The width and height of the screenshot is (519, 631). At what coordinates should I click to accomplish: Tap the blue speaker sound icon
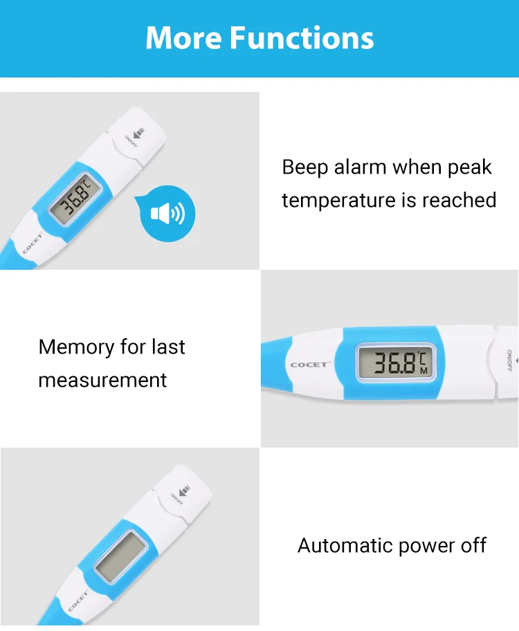point(167,214)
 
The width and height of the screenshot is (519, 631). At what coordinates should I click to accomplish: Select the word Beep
point(305,167)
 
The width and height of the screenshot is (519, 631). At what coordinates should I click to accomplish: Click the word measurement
point(102,380)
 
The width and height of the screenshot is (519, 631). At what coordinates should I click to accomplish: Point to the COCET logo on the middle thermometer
point(311,364)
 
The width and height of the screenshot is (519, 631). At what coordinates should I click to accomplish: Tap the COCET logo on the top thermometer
point(32,244)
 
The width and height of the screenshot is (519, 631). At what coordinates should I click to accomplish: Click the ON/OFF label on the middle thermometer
point(509,361)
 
